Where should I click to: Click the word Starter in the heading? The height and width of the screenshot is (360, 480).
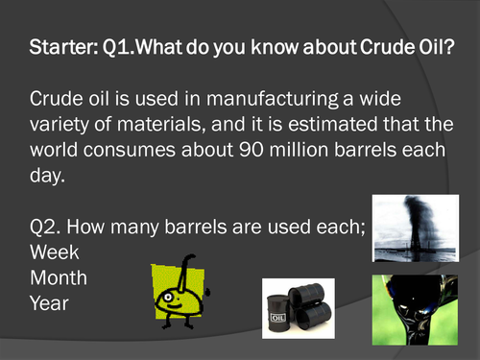(x=60, y=46)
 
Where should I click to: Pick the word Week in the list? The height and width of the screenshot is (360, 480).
(x=55, y=252)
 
